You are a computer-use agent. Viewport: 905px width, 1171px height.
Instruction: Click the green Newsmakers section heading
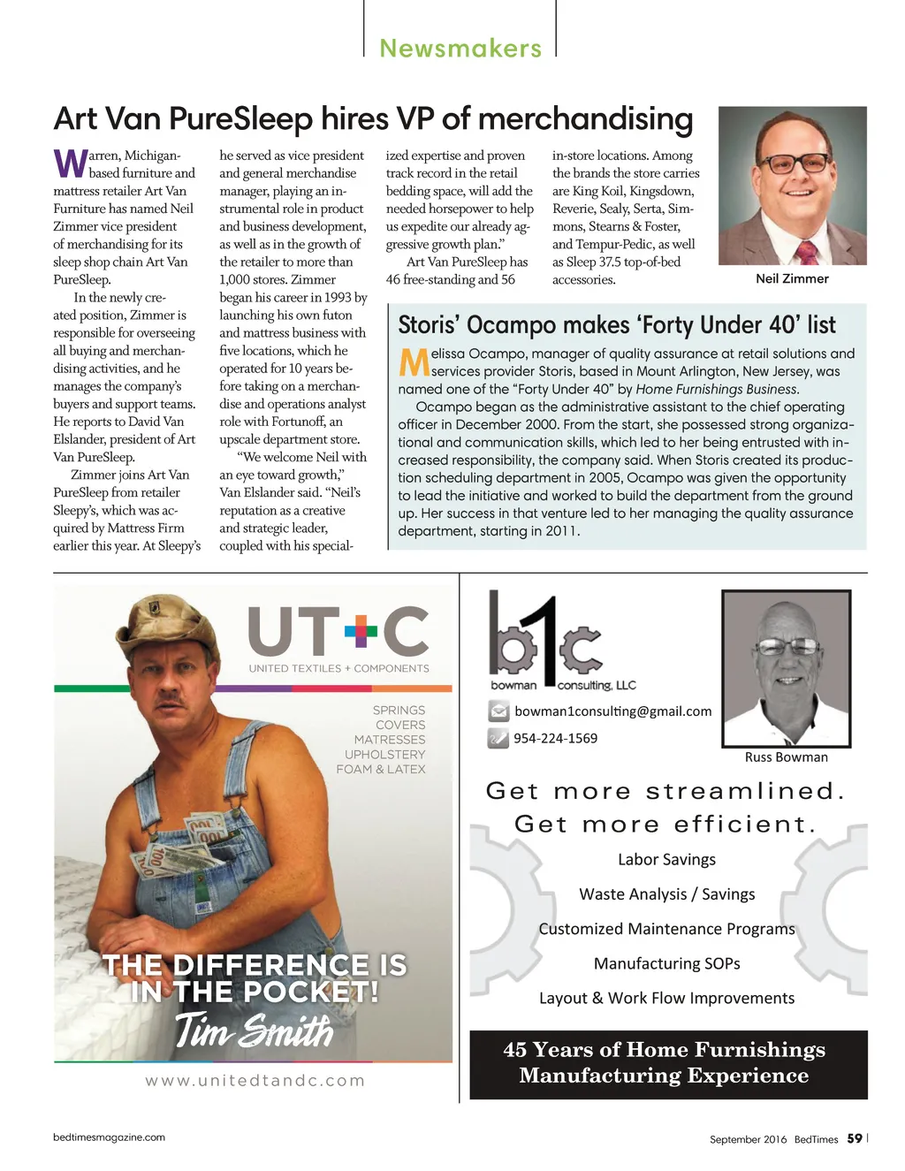tap(460, 49)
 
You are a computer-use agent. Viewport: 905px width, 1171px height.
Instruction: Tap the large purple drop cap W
tap(70, 163)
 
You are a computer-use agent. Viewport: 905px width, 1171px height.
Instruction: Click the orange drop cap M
tap(414, 362)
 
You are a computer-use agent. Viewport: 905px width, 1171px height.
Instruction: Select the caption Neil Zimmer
tap(792, 278)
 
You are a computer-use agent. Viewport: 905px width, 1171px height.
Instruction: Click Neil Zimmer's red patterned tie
tap(806, 253)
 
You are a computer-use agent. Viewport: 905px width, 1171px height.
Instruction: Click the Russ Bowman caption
tap(786, 757)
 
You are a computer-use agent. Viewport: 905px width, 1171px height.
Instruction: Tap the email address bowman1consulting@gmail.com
tap(612, 711)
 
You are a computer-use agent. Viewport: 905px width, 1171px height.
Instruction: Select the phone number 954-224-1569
tap(555, 738)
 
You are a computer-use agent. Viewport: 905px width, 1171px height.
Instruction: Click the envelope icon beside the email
tap(498, 711)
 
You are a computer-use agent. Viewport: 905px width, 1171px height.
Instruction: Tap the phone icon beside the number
tap(498, 738)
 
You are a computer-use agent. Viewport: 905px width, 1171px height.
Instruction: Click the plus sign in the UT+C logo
tap(361, 630)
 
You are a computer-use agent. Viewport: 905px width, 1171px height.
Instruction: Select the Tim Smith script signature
tap(254, 1030)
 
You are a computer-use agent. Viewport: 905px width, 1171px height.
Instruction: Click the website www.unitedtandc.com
tap(255, 1080)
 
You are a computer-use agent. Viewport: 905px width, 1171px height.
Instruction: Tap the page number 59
tap(854, 1138)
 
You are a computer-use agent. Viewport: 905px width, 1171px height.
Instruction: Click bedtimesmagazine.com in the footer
tap(109, 1137)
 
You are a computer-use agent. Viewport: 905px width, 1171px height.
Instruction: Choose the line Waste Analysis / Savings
tap(666, 894)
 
